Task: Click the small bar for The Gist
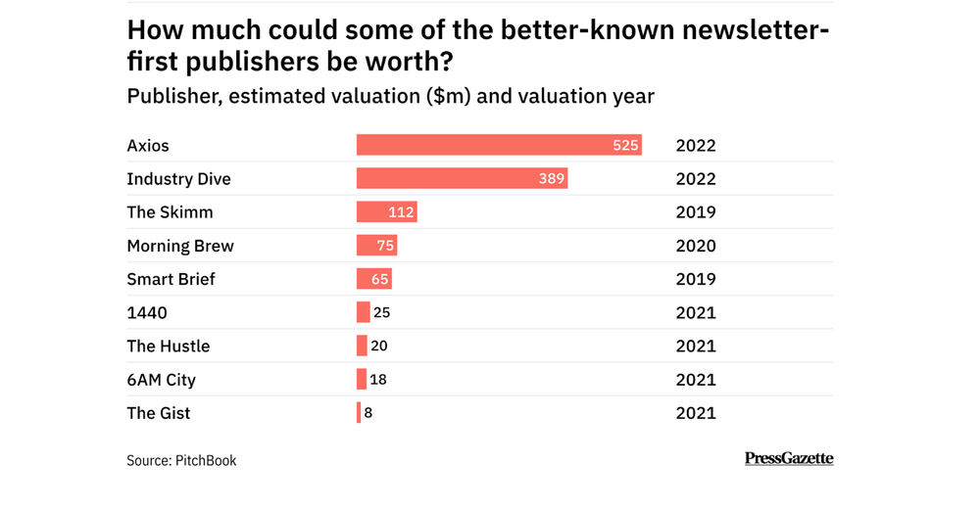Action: click(359, 413)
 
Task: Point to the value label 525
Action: click(625, 145)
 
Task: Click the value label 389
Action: click(551, 179)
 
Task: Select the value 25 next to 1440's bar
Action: click(382, 313)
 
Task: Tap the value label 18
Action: click(377, 380)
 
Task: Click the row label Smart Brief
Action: click(171, 279)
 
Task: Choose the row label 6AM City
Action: click(163, 380)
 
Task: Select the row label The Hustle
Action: click(168, 347)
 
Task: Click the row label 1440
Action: click(147, 313)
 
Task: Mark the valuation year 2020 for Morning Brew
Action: click(696, 246)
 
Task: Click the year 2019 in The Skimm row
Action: click(696, 212)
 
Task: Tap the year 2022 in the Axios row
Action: click(696, 146)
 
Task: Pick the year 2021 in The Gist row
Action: click(696, 413)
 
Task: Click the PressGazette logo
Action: click(789, 458)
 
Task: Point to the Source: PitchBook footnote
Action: click(181, 460)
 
